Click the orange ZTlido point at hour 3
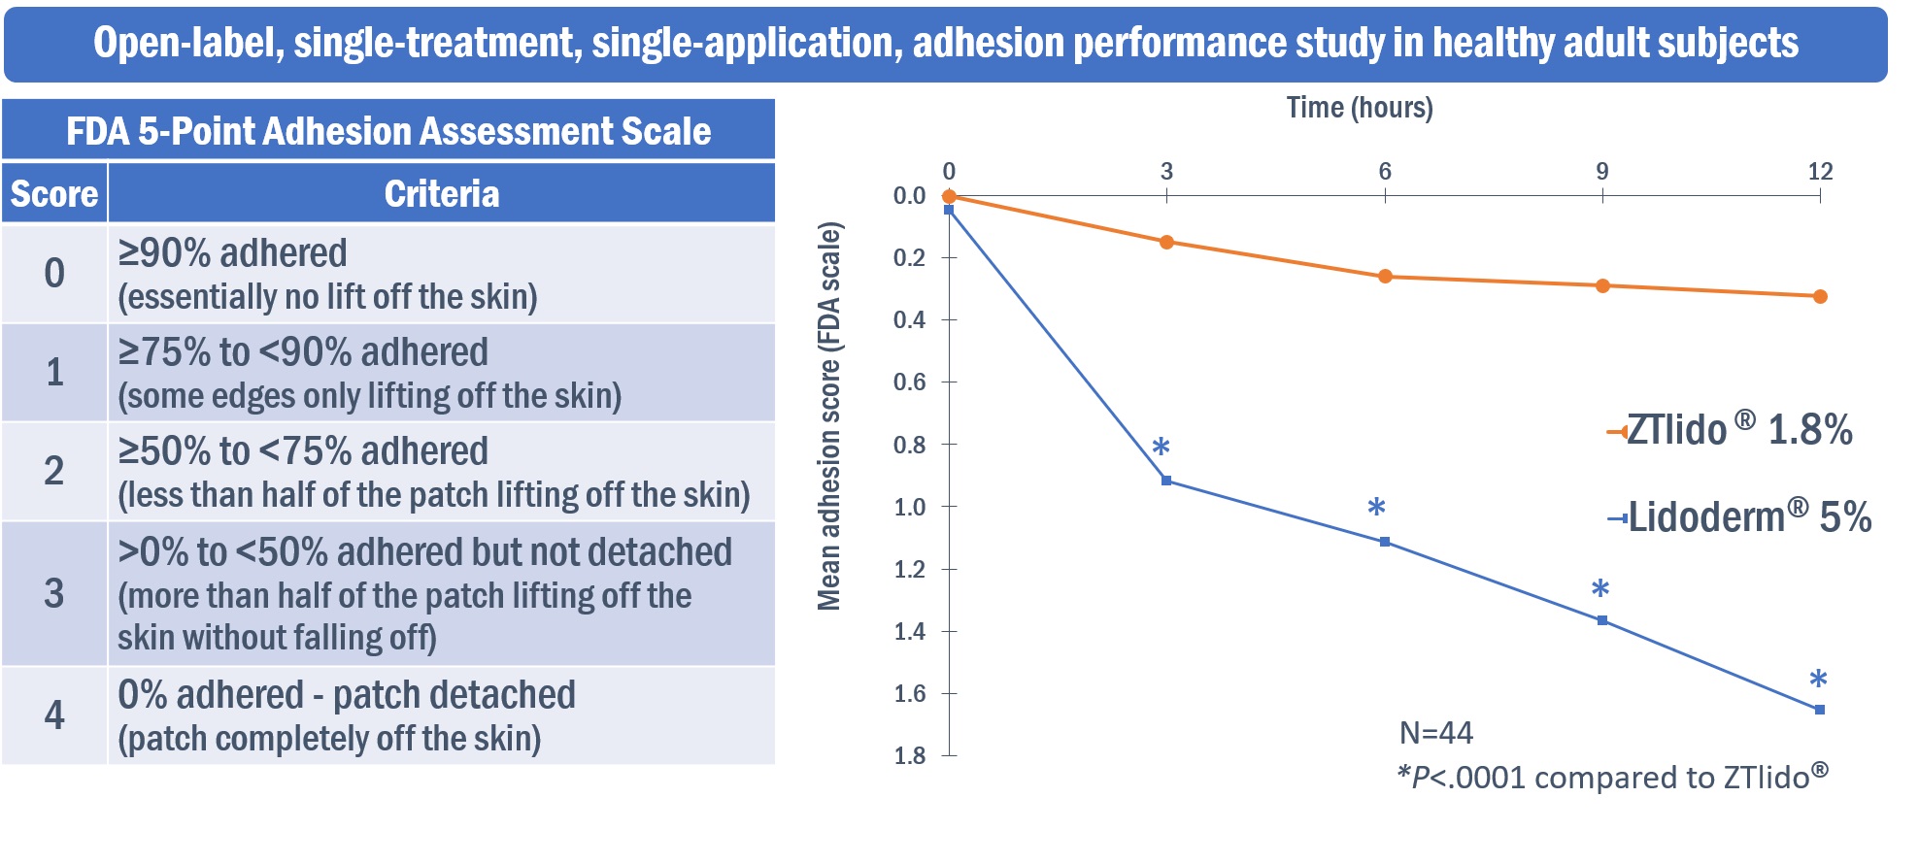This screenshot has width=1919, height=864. pyautogui.click(x=1166, y=242)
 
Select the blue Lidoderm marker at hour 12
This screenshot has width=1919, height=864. pyautogui.click(x=1819, y=710)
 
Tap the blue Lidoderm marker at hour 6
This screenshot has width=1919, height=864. pyautogui.click(x=1384, y=542)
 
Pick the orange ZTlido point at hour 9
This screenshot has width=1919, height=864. pyautogui.click(x=1602, y=285)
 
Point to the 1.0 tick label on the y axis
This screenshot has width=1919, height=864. pyautogui.click(x=909, y=507)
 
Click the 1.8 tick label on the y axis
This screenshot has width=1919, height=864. pyautogui.click(x=909, y=756)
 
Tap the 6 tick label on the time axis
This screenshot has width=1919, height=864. pyautogui.click(x=1384, y=172)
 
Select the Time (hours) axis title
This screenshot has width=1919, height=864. pyautogui.click(x=1359, y=108)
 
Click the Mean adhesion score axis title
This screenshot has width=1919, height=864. pyautogui.click(x=828, y=416)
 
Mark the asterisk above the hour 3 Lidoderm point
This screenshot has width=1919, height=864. pyautogui.click(x=1161, y=448)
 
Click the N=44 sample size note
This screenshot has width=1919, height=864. pyautogui.click(x=1435, y=733)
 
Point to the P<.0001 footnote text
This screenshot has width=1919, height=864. pyautogui.click(x=1612, y=778)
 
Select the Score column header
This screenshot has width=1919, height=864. pyautogui.click(x=54, y=194)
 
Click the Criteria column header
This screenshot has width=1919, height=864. pyautogui.click(x=442, y=194)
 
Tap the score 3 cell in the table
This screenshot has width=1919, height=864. pyautogui.click(x=54, y=593)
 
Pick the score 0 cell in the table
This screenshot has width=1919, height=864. pyautogui.click(x=54, y=273)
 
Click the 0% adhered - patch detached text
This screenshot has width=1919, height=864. pyautogui.click(x=347, y=695)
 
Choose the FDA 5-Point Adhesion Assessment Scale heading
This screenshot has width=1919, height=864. pyautogui.click(x=388, y=131)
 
